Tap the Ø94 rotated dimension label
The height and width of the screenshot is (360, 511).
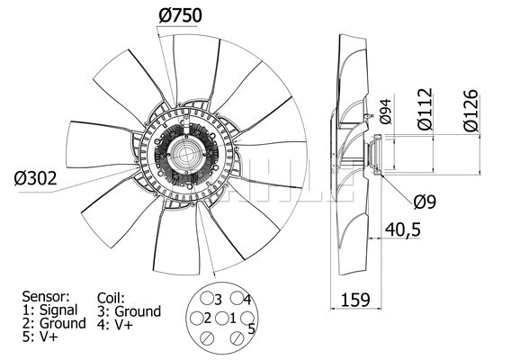385,110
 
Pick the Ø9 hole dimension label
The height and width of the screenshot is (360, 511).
425,202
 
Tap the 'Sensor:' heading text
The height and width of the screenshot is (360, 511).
44,295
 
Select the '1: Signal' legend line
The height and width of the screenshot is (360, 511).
51,309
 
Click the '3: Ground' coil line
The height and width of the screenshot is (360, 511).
130,311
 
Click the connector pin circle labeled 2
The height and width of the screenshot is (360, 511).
199,318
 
